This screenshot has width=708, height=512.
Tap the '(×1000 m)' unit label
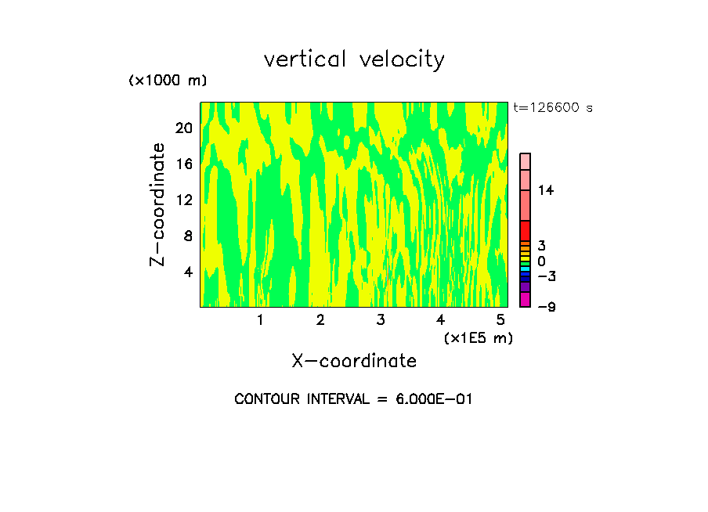[x=168, y=81]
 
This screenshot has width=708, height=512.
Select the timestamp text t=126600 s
[x=553, y=108]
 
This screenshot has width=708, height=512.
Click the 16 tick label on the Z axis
[x=183, y=164]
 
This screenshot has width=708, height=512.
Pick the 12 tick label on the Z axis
[x=183, y=200]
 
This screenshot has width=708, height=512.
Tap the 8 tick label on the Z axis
[x=187, y=236]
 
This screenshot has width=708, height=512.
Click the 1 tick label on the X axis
[x=260, y=319]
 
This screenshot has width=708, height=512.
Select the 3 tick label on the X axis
[x=381, y=319]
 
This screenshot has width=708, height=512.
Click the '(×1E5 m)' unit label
[x=478, y=338]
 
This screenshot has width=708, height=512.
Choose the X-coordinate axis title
[x=354, y=361]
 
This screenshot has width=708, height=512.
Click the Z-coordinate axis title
[x=158, y=204]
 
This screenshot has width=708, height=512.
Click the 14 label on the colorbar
[x=545, y=190]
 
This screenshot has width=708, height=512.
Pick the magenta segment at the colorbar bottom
[x=525, y=299]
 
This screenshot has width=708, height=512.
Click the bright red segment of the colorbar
[x=525, y=231]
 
